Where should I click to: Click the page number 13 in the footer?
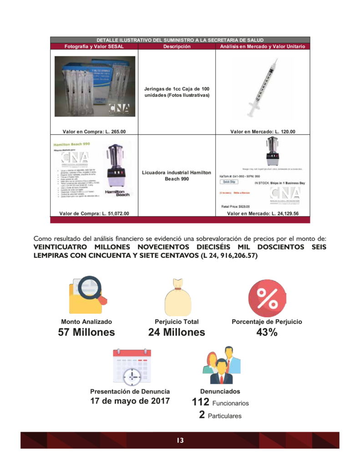coord(180,440)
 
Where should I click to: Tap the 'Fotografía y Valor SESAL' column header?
coord(94,46)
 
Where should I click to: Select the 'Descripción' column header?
coord(177,46)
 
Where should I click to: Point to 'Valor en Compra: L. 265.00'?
coord(94,132)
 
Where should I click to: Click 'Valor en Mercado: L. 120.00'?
coord(263,132)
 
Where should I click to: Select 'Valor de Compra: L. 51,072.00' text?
coord(94,213)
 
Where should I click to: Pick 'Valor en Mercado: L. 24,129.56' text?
coord(263,213)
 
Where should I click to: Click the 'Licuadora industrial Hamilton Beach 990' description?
coord(177,176)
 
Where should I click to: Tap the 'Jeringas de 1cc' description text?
coord(177,91)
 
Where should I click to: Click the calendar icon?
coord(132,367)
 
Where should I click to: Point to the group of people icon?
coord(221,365)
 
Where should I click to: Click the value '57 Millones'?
coord(86,333)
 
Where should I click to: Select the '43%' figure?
coord(267,333)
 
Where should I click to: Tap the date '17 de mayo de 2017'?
coord(130,401)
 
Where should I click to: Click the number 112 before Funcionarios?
coord(201,402)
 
